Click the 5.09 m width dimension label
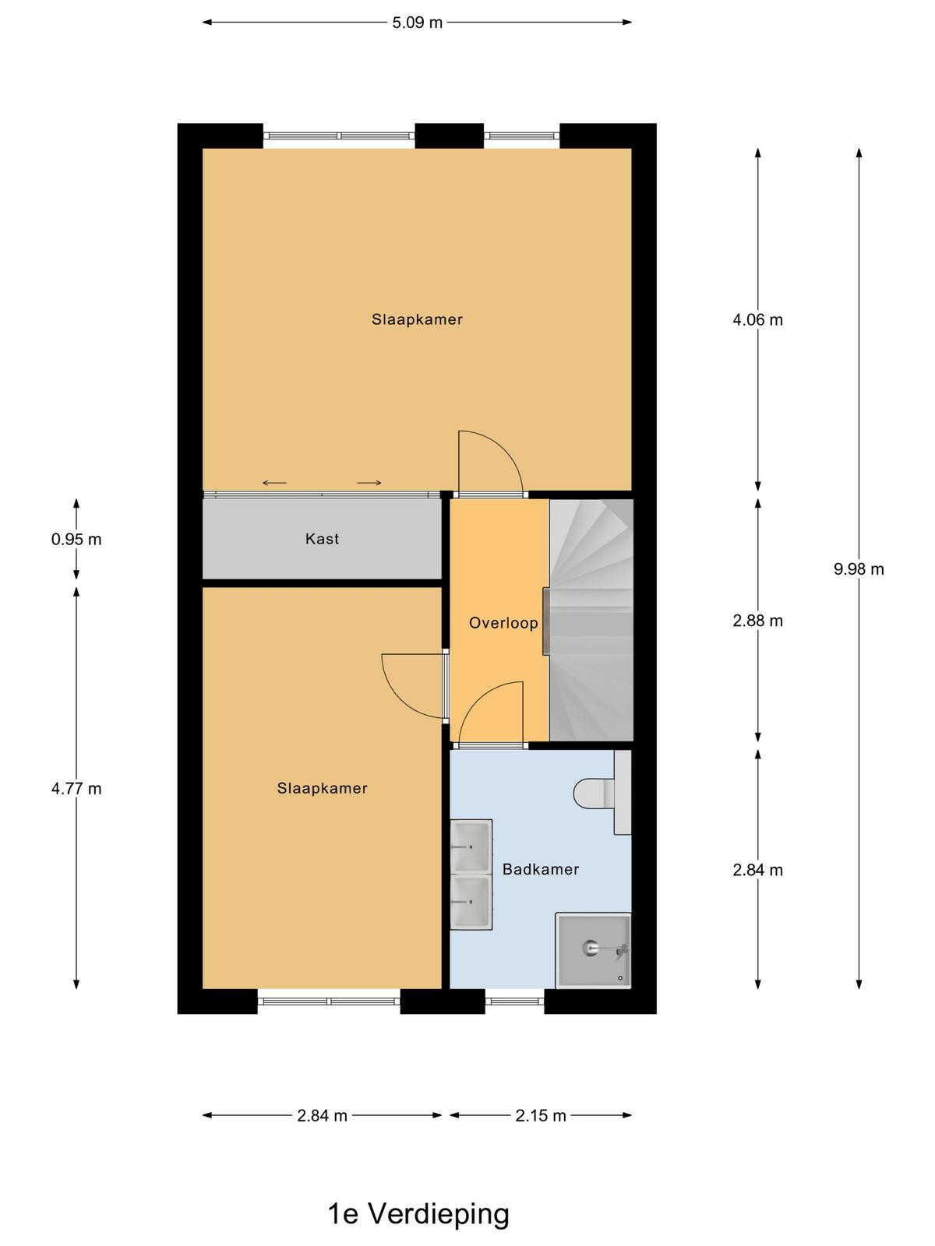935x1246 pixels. tap(417, 23)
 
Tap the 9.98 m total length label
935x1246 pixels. tap(859, 568)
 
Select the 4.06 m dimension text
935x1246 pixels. tap(757, 320)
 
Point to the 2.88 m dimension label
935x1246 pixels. tap(757, 621)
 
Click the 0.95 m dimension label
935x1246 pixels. tap(76, 539)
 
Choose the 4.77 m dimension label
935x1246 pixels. tap(76, 788)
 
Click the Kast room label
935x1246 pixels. tap(322, 539)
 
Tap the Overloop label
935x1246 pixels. tap(503, 623)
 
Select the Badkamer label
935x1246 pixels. tap(541, 869)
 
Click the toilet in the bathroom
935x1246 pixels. tap(602, 793)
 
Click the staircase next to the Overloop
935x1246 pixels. tap(591, 620)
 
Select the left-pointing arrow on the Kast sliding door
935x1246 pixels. tap(274, 483)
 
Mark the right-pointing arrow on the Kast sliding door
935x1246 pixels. tap(369, 483)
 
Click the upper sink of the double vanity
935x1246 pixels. tap(471, 846)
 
